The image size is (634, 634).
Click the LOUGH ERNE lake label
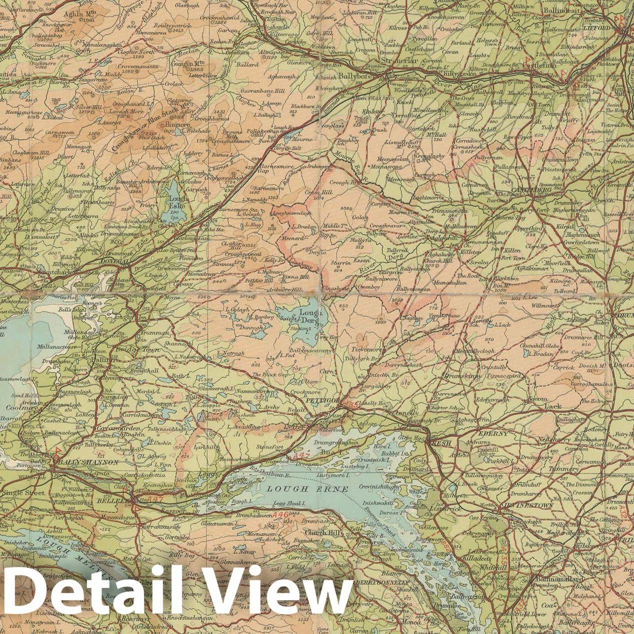pos(307,488)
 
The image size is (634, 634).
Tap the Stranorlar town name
pos(400,61)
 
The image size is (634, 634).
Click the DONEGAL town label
pos(114,261)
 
